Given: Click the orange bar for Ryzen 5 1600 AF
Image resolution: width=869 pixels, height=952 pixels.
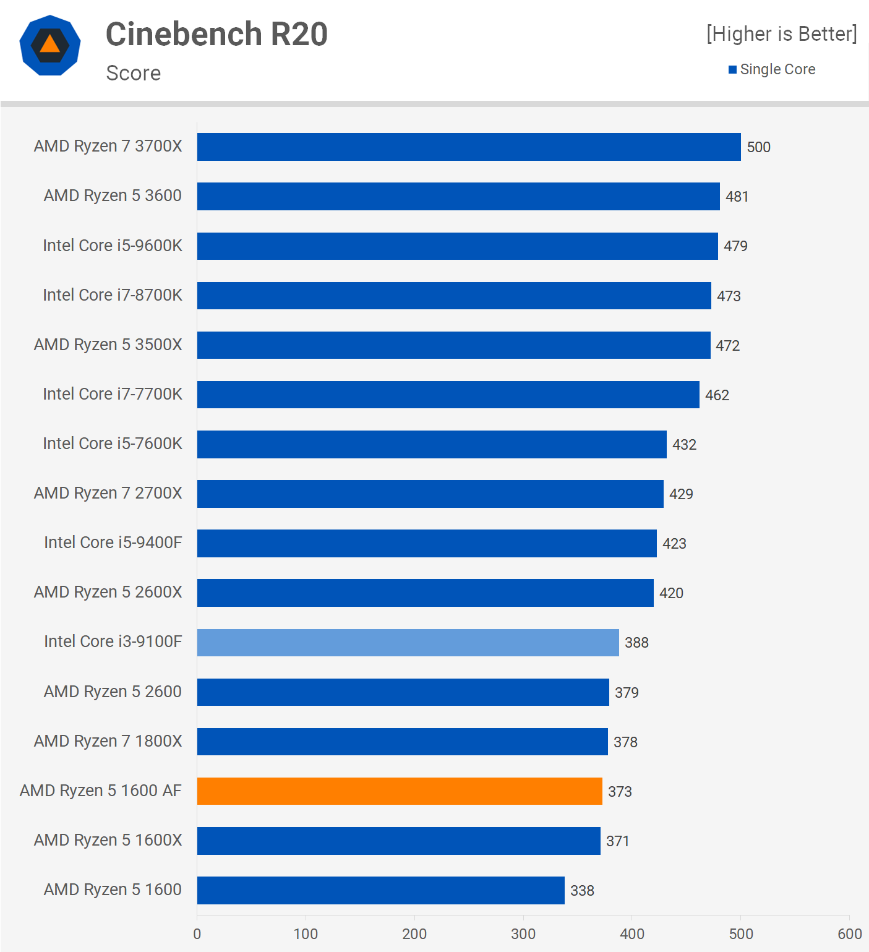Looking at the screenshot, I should (400, 791).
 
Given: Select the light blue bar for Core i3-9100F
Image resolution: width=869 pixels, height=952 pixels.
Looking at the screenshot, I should (408, 643).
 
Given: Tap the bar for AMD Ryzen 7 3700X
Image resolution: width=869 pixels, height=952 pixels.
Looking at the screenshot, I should (469, 147).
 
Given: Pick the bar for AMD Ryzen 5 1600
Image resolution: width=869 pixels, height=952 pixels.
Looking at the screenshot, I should (381, 890).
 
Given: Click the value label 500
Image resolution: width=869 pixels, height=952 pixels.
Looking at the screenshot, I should (758, 147).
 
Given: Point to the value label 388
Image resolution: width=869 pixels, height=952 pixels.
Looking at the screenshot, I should (636, 643).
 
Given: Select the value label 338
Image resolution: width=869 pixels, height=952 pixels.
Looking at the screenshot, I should (582, 891).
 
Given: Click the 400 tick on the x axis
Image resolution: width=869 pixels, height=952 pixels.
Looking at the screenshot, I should (632, 933).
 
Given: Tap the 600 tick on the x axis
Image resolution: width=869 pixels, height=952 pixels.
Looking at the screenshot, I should (849, 933).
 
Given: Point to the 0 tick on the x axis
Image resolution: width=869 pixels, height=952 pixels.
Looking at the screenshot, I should (197, 933).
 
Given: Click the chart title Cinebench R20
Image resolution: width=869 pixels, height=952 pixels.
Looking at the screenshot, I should (216, 34).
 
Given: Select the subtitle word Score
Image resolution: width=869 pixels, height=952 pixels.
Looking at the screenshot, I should (134, 73).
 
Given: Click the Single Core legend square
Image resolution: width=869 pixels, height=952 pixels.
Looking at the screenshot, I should (733, 70).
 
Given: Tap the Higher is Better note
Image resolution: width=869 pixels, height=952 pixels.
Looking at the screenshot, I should (782, 34).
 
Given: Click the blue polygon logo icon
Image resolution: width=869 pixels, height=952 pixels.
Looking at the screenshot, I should (50, 45).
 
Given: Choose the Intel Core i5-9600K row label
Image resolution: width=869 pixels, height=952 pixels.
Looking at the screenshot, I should (113, 246).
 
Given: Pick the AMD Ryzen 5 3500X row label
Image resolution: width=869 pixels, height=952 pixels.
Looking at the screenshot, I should (108, 345).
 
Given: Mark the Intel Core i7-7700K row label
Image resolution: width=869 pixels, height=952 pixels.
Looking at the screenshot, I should (113, 394).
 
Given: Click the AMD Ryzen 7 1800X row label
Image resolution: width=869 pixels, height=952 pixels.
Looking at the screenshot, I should (108, 741).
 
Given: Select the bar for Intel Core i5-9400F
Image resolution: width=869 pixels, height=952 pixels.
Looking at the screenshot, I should (427, 543).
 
